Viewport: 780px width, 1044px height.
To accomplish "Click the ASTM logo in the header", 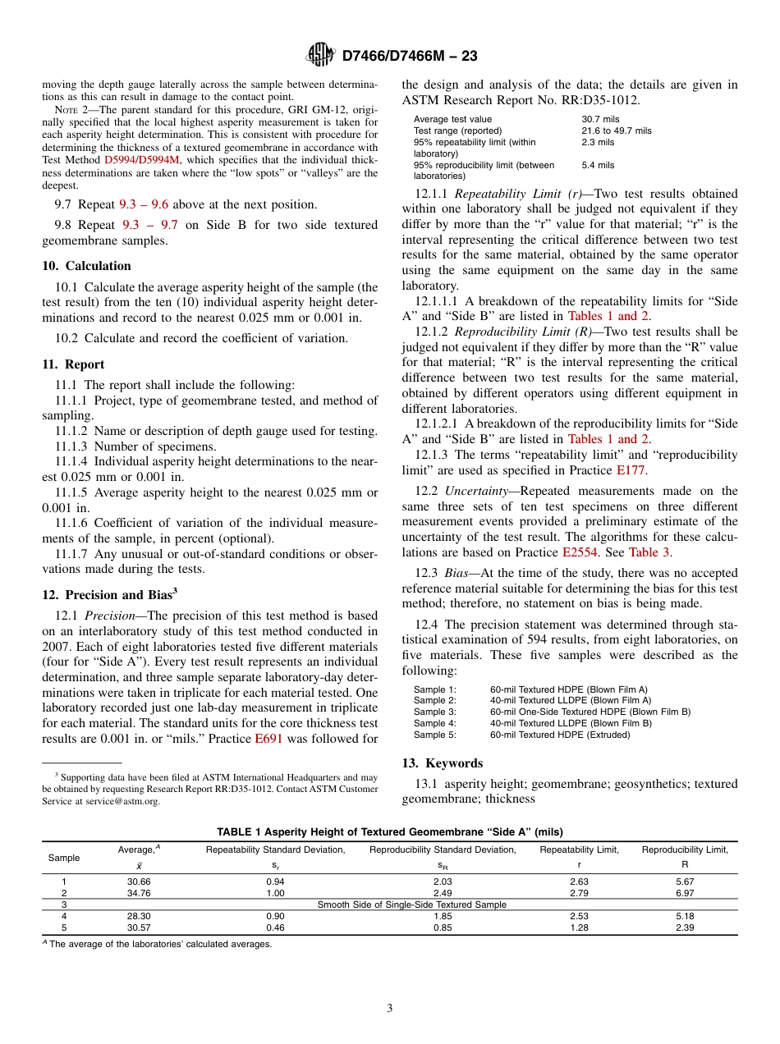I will (x=320, y=55).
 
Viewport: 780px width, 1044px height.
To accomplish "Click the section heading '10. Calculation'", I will (x=86, y=266).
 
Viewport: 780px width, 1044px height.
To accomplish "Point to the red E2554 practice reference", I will (x=578, y=552).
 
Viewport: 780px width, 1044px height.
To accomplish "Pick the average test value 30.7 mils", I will (x=600, y=119).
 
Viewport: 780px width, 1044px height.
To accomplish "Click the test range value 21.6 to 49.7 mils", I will (x=616, y=130).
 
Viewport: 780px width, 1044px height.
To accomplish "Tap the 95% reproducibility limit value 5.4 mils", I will (x=598, y=165).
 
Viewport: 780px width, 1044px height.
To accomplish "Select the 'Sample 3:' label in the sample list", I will (x=434, y=712).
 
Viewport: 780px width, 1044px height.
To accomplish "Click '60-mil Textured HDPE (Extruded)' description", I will (x=560, y=735).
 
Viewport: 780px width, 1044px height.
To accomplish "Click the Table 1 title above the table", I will (x=390, y=831).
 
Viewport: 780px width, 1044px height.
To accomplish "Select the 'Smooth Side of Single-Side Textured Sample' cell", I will (x=411, y=904).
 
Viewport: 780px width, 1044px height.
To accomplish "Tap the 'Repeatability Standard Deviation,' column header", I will (x=275, y=849).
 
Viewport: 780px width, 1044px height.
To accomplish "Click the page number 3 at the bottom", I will (x=389, y=1009).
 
